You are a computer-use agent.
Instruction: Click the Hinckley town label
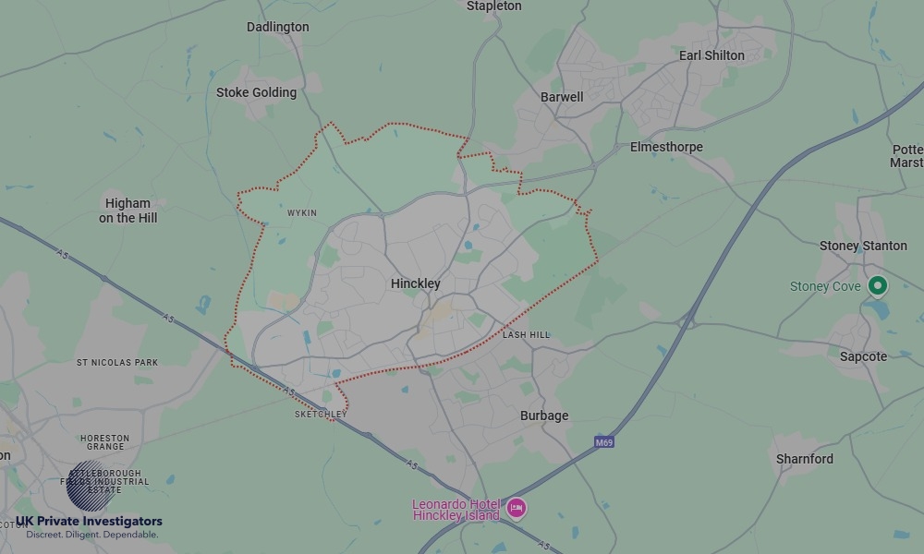pos(416,283)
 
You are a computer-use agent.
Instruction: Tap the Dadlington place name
pos(277,27)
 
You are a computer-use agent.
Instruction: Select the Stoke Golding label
pos(256,92)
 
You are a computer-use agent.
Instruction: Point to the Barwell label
pos(562,97)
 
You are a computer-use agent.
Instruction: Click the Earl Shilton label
pos(711,55)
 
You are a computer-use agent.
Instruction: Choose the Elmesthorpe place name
pos(666,147)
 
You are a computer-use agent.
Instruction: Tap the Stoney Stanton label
pos(864,246)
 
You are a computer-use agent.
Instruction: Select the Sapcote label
pos(863,356)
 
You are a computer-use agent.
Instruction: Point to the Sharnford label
pos(804,459)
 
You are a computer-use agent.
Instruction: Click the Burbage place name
pos(544,415)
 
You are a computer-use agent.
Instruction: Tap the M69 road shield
pos(603,442)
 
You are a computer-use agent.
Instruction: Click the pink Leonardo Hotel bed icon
pos(517,508)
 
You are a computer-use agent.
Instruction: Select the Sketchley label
pos(321,415)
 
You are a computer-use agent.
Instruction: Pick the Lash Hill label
pos(526,334)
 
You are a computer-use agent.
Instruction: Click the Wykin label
pos(302,213)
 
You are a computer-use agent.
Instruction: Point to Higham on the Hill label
pos(128,211)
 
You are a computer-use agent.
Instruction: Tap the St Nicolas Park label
pos(116,363)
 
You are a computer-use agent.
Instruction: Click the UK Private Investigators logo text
pos(89,522)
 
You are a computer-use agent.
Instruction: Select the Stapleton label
pos(494,6)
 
